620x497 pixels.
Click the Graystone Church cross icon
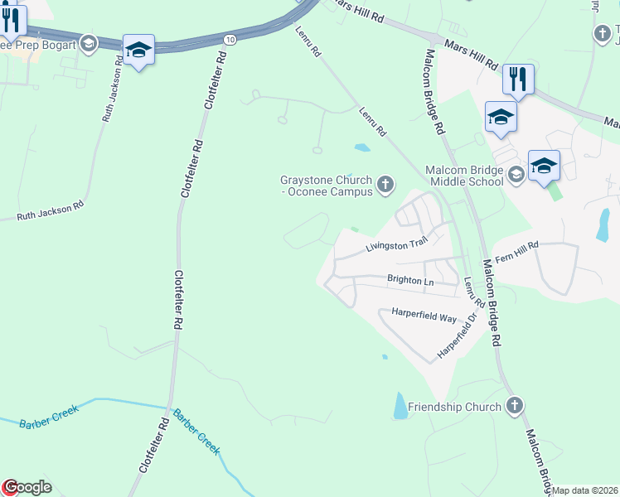385,184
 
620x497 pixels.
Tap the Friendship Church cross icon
514,406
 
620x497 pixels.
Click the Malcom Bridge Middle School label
464,175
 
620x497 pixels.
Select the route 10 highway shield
230,39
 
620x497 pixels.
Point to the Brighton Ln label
410,281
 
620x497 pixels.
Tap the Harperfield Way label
424,317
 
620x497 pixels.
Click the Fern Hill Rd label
517,251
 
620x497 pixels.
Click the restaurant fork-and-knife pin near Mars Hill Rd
517,80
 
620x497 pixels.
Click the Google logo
27,487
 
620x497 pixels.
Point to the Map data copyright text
585,490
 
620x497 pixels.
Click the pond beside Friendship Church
400,404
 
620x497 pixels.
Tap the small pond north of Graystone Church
362,148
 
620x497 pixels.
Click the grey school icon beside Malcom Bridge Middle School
516,173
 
